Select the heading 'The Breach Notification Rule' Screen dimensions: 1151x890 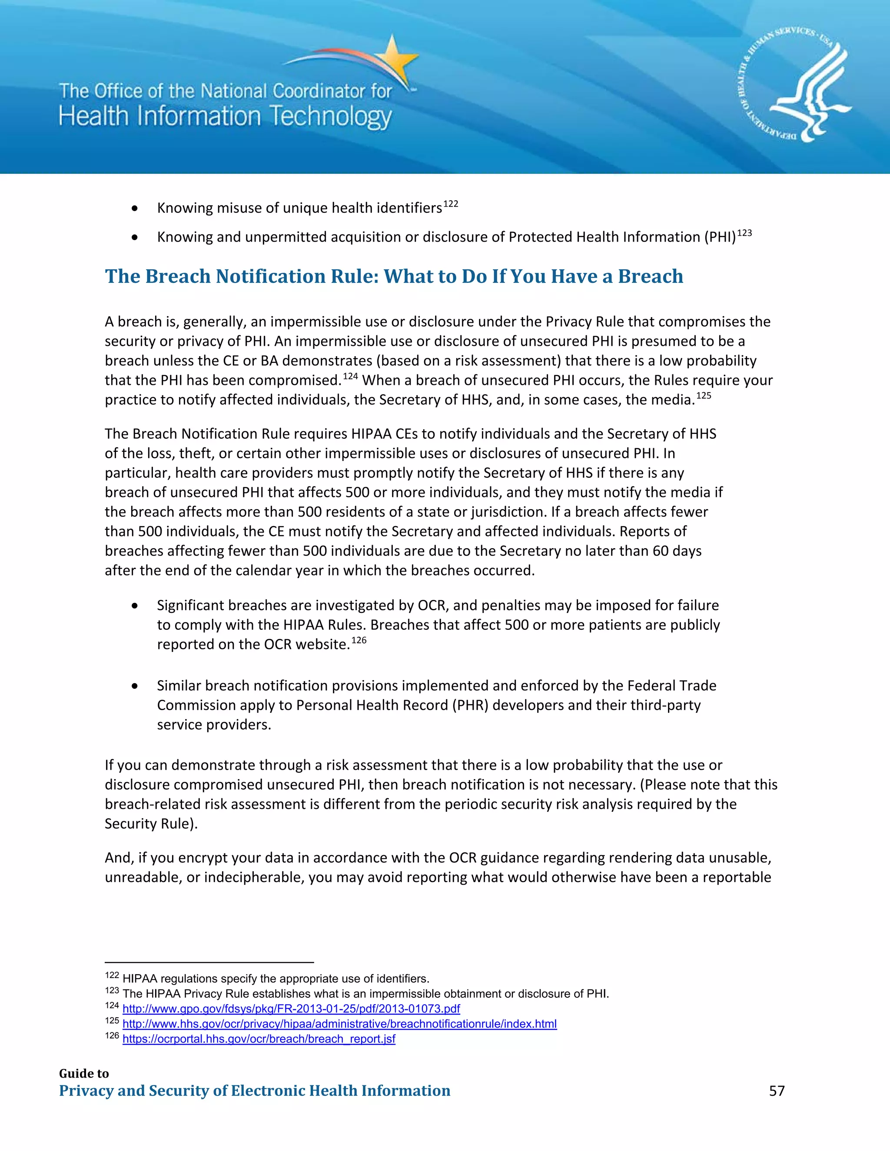pyautogui.click(x=393, y=276)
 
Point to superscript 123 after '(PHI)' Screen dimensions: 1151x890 pyautogui.click(x=744, y=233)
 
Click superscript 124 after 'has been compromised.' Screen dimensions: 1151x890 pyautogui.click(x=351, y=376)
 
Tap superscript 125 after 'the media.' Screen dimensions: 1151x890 pyautogui.click(x=704, y=396)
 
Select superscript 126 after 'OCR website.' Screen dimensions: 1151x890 pyautogui.click(x=359, y=640)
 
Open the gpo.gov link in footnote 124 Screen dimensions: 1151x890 pyautogui.click(x=291, y=1009)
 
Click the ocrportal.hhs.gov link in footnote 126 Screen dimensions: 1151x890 pyautogui.click(x=259, y=1039)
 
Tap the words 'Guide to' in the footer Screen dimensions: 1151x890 pyautogui.click(x=84, y=1074)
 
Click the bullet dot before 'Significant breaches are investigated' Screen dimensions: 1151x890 pyautogui.click(x=135, y=606)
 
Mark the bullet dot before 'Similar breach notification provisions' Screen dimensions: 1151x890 pyautogui.click(x=135, y=686)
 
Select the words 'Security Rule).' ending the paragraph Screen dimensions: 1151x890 pyautogui.click(x=151, y=824)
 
